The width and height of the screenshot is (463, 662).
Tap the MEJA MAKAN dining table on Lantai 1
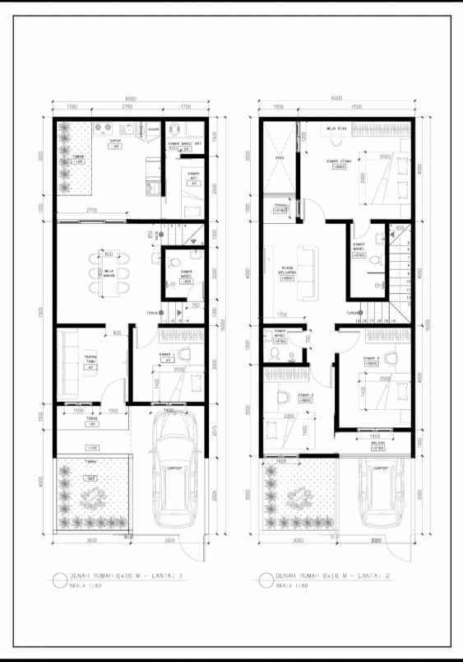point(108,270)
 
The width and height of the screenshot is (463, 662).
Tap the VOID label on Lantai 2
point(280,157)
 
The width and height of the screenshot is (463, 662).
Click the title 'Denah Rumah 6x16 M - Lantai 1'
point(115,576)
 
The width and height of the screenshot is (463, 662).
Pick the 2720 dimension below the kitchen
point(92,212)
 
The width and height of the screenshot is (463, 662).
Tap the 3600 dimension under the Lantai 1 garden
point(91,541)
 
